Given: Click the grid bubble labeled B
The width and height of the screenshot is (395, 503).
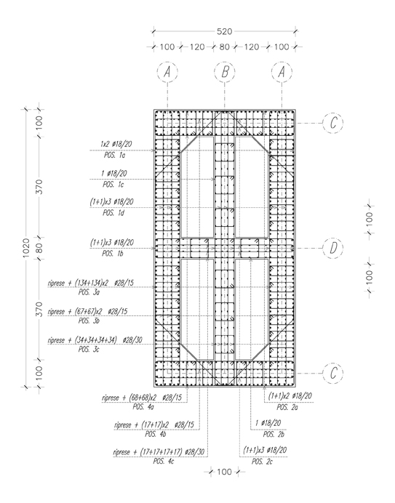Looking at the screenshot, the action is (225, 72).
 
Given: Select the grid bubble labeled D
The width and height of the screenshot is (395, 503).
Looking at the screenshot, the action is (333, 248).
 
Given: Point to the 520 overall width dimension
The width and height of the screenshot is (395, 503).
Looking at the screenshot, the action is (225, 31).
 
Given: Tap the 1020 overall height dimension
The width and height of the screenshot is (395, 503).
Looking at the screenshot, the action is (26, 248).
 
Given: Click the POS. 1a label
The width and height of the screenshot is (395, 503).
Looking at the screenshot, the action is (114, 156).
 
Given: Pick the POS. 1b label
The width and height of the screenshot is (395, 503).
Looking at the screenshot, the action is (113, 254).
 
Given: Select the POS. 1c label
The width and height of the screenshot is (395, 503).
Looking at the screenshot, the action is (113, 185).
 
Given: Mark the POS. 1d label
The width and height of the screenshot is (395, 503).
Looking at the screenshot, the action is (113, 213).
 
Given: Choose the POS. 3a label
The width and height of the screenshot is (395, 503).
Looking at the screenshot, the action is (89, 292).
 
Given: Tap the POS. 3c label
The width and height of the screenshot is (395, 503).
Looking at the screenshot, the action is (89, 350).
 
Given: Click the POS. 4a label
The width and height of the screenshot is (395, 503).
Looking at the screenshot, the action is (143, 407).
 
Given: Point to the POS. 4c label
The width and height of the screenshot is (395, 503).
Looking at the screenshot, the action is (164, 462).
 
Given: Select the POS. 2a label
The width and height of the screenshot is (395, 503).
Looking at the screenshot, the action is (287, 407).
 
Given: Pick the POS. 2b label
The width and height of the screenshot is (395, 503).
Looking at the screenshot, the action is (274, 435).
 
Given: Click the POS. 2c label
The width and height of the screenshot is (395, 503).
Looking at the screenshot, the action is (262, 462).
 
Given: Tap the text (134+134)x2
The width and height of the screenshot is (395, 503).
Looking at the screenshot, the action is (92, 283).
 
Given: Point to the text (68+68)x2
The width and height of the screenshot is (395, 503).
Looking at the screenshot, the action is (143, 398).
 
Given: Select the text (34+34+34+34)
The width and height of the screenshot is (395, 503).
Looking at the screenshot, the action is (96, 340).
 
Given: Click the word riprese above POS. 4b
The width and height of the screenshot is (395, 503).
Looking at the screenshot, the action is (123, 425).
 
